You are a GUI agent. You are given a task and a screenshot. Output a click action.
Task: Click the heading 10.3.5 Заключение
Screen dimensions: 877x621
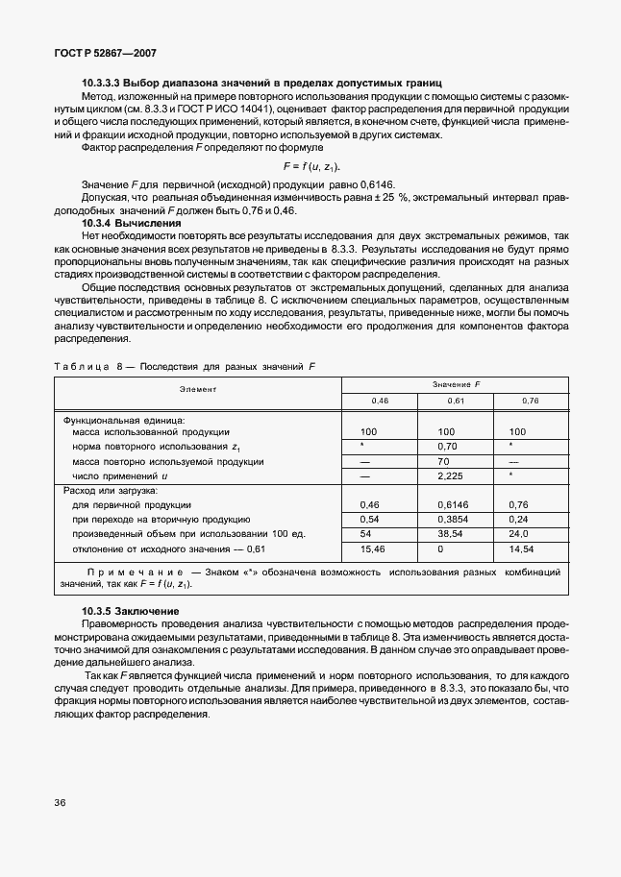[x=132, y=612]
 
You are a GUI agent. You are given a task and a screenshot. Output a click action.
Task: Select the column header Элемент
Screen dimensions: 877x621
[x=197, y=389]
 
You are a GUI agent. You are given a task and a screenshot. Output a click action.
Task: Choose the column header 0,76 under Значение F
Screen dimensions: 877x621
[x=530, y=399]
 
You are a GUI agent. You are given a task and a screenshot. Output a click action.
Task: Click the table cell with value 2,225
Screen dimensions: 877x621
[x=450, y=475]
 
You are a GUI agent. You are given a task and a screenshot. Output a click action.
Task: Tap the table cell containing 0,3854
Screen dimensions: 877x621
[x=453, y=519]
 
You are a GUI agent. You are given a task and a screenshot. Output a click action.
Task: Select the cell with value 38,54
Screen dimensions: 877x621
[x=449, y=533]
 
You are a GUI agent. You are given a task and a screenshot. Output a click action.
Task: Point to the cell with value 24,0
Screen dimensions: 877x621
[x=520, y=533]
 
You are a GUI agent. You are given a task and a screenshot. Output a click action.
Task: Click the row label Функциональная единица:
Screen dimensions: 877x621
[x=123, y=420]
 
